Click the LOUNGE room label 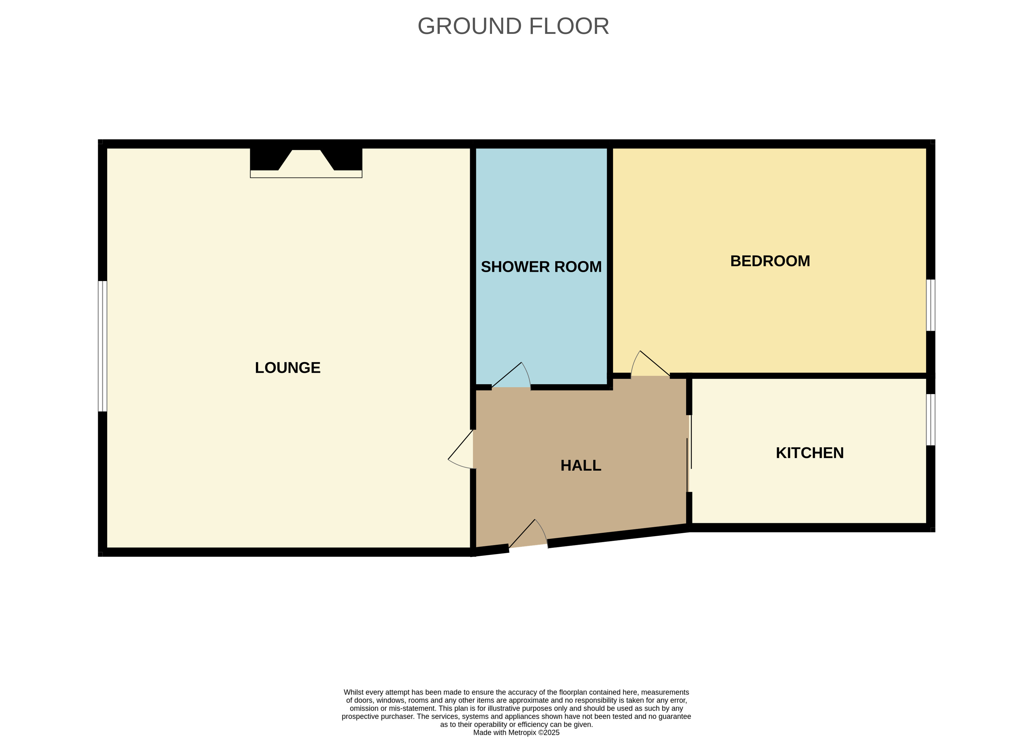287,368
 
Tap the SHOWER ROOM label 541,267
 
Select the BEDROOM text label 770,261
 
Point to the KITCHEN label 810,453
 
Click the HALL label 581,466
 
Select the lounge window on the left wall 103,346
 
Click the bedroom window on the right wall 930,305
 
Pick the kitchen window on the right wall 930,420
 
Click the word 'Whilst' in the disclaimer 354,692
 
